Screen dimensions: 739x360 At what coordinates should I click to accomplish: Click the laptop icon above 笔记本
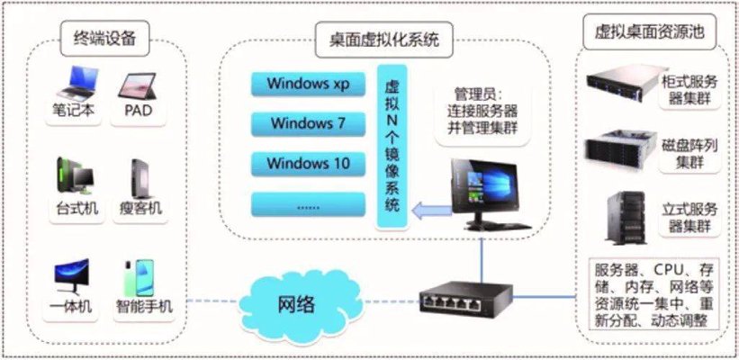[x=77, y=83]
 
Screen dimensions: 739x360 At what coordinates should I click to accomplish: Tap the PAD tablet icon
[x=138, y=85]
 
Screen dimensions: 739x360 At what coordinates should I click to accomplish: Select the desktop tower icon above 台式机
[x=75, y=175]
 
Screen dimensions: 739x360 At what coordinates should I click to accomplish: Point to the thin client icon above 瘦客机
[x=139, y=179]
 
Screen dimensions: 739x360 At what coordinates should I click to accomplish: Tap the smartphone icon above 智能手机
[x=140, y=278]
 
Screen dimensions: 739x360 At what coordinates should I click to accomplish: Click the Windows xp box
[x=308, y=84]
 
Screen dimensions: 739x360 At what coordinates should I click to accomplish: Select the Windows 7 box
[x=308, y=124]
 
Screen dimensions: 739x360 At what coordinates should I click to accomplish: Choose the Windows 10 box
[x=308, y=164]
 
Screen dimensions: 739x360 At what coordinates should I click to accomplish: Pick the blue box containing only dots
[x=308, y=204]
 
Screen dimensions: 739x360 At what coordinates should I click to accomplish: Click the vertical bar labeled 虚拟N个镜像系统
[x=392, y=147]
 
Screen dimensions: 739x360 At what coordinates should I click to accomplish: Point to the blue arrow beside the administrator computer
[x=431, y=209]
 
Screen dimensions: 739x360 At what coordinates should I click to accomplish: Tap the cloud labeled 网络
[x=302, y=304]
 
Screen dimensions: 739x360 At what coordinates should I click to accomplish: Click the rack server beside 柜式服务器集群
[x=621, y=84]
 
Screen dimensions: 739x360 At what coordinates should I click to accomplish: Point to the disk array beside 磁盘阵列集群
[x=621, y=149]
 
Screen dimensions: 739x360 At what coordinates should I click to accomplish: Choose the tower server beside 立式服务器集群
[x=626, y=218]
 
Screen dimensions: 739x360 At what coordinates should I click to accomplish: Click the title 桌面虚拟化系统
[x=383, y=40]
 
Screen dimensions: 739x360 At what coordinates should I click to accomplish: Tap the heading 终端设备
[x=104, y=38]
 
